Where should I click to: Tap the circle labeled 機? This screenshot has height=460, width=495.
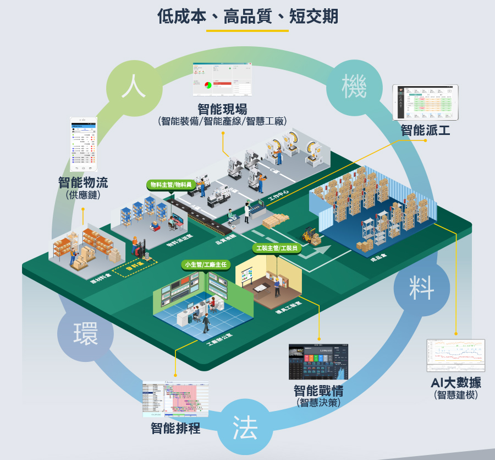(x=354, y=87)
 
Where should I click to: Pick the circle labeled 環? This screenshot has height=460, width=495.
(x=86, y=332)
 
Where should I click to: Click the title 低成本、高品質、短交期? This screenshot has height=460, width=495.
(x=248, y=17)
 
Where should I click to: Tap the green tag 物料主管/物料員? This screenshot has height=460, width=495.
(x=170, y=185)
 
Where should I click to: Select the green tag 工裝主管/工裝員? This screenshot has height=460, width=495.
(x=278, y=248)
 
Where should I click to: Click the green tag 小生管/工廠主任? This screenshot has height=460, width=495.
(x=205, y=265)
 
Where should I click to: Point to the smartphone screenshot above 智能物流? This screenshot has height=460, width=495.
(x=83, y=144)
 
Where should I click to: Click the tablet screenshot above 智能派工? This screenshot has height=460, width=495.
(x=425, y=102)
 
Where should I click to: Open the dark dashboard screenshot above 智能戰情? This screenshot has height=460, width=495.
(x=318, y=362)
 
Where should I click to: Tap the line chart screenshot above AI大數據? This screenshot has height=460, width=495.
(x=456, y=355)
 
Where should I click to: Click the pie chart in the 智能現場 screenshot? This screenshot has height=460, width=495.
(x=208, y=86)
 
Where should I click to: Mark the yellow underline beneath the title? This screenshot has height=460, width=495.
(x=248, y=30)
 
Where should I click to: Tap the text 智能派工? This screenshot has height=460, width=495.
(x=425, y=131)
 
